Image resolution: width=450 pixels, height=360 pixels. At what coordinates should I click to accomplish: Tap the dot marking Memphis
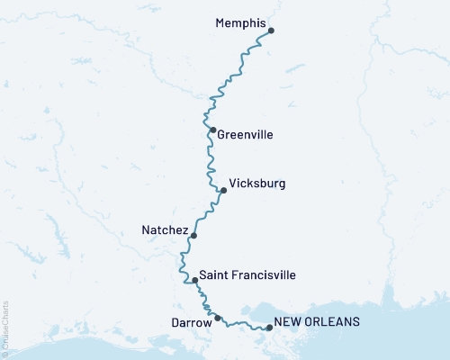pos(271,31)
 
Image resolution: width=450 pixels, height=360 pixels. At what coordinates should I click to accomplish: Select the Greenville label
pos(245,135)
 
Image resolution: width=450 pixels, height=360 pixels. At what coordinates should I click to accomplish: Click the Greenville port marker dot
pos(212,130)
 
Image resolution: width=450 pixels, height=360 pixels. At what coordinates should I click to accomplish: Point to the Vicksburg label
pos(257,184)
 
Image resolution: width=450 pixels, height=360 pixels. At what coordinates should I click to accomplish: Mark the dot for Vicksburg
pos(223,190)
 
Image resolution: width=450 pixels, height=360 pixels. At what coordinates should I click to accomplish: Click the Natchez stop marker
pos(193,235)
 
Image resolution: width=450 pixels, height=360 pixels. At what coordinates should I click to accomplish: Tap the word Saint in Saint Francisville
pos(214,274)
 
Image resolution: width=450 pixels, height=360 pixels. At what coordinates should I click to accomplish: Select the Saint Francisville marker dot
pos(194,280)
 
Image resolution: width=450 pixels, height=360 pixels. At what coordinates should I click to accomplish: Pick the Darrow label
pos(190,320)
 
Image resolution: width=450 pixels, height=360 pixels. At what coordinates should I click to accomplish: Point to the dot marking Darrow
pos(217,318)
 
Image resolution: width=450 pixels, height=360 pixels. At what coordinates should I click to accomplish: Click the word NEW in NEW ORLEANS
pos(288,321)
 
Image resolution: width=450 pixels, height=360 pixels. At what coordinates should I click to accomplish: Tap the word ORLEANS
pos(333,321)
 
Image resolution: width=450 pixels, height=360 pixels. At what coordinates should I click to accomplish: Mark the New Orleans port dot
pos(269,328)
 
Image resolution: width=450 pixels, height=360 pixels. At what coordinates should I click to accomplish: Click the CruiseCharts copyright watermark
pos(5,328)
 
